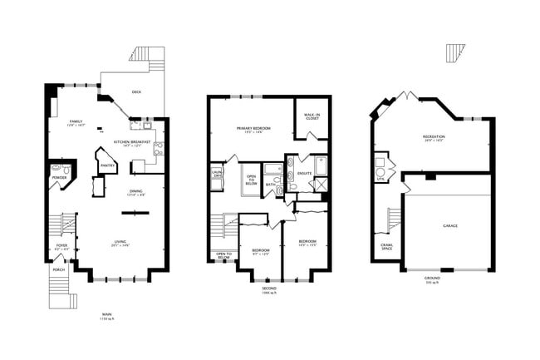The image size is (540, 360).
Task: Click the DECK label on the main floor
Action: point(136,92)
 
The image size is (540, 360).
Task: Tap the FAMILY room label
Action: point(76,122)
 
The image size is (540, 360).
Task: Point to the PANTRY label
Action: point(107,165)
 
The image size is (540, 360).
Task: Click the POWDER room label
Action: point(59,177)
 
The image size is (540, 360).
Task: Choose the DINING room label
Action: point(135,192)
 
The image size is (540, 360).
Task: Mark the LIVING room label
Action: point(120,242)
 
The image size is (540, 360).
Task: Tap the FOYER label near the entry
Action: point(61,246)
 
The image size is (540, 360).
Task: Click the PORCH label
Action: point(59,270)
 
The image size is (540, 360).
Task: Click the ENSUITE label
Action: point(304,173)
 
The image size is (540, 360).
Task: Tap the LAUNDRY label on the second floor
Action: point(217,175)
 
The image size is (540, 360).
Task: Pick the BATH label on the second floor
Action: point(271,185)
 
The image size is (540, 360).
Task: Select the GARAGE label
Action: point(449,225)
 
